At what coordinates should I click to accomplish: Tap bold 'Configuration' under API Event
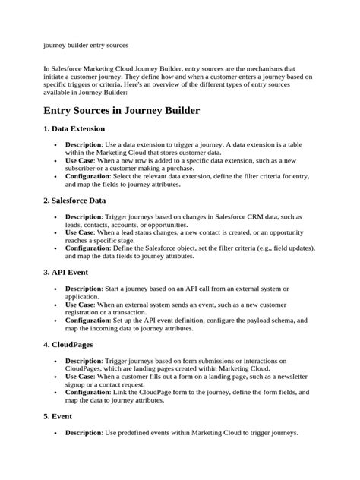(x=87, y=320)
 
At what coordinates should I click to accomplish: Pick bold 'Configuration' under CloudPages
(x=87, y=392)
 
